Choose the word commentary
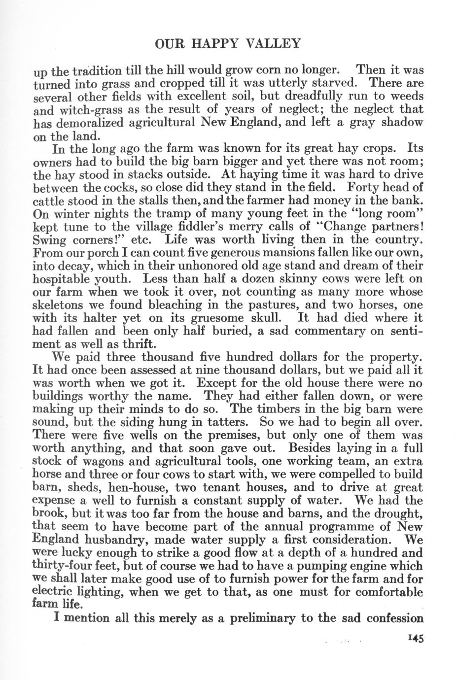coord(329,331)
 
